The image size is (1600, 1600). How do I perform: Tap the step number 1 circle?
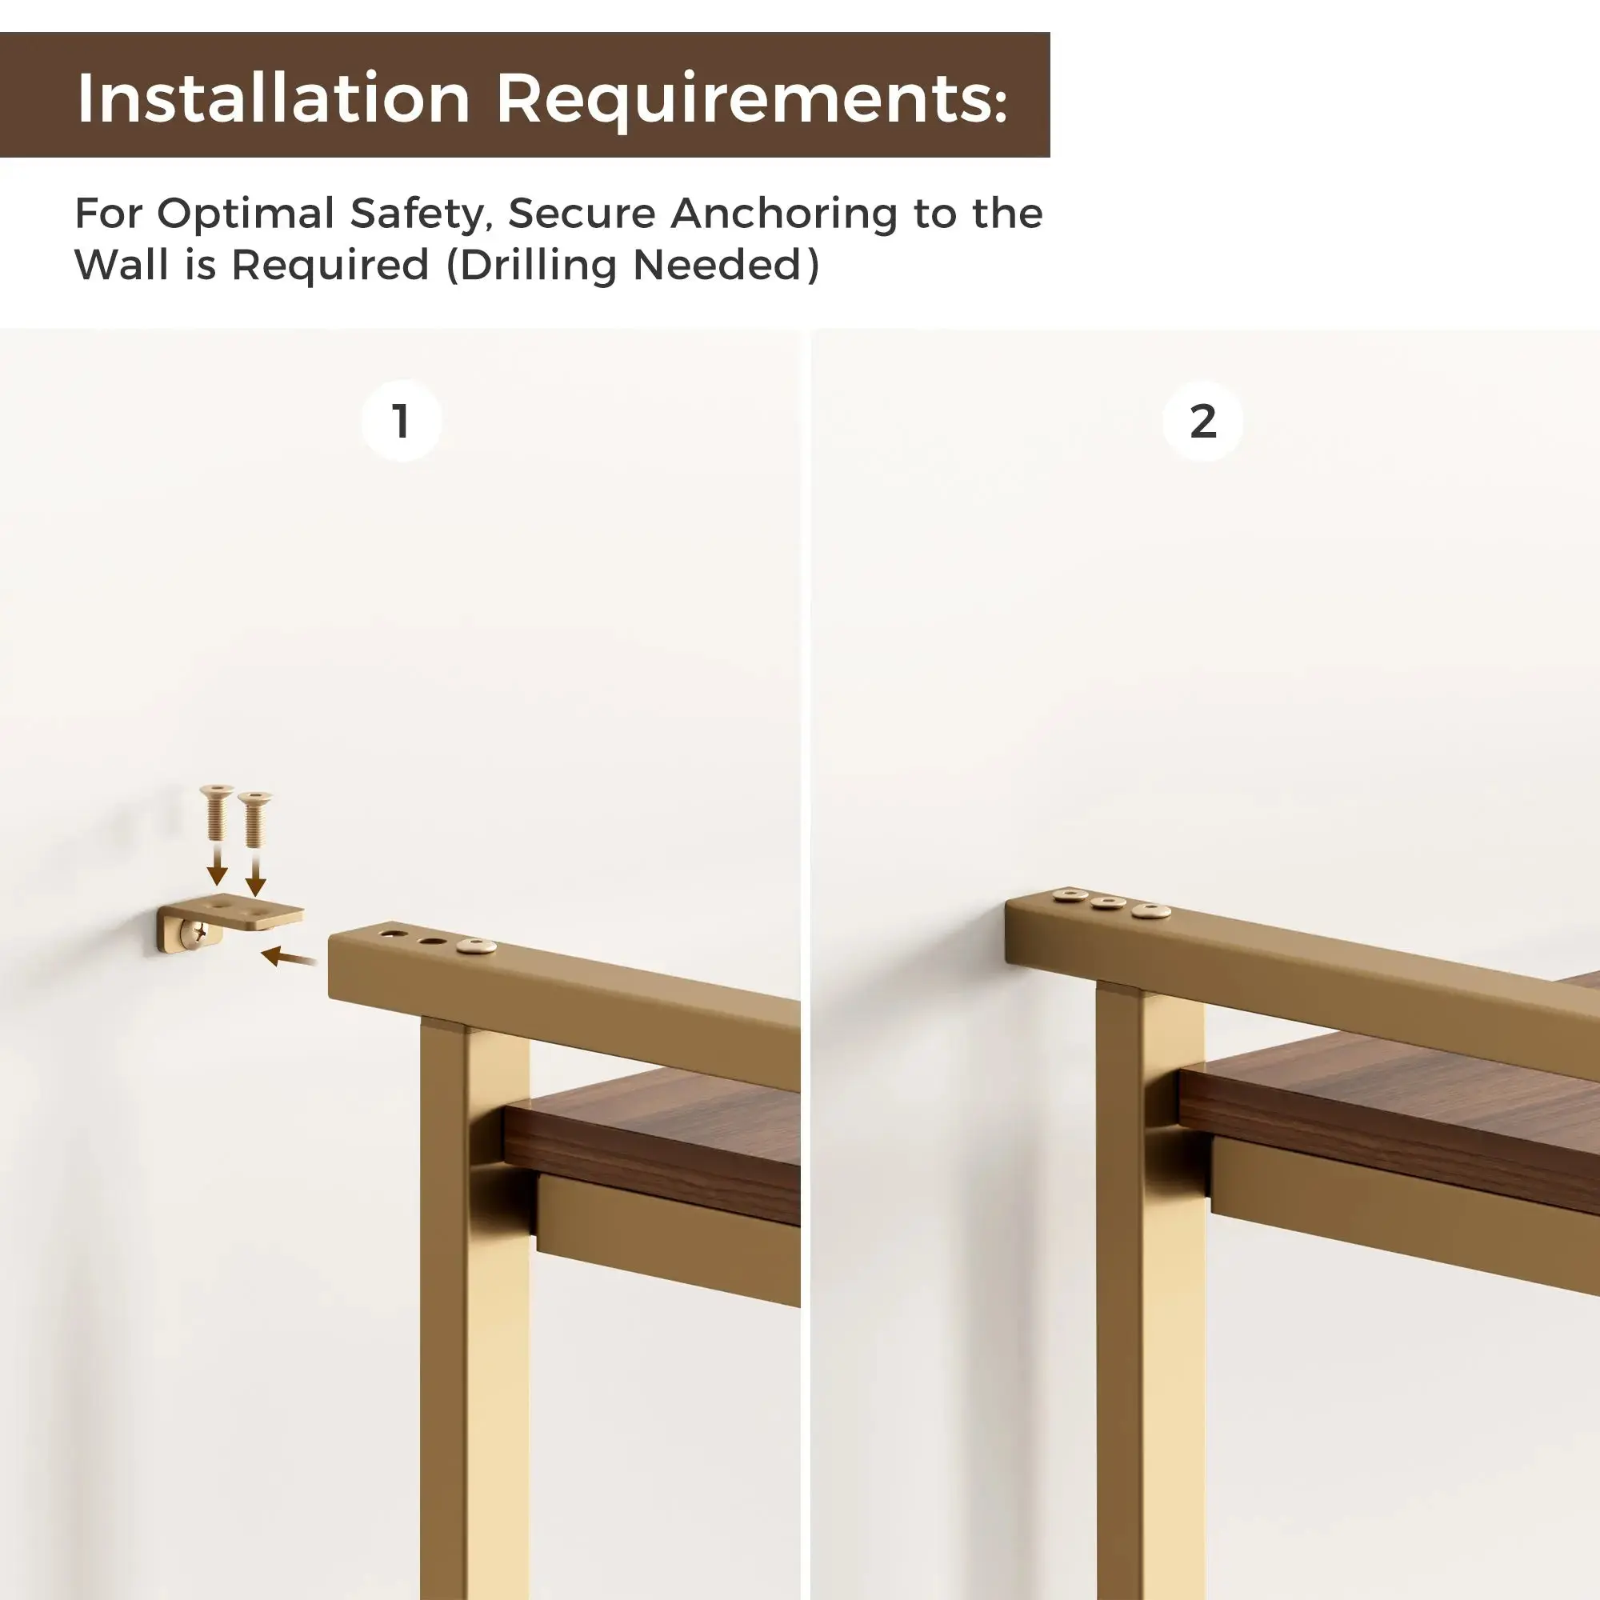pyautogui.click(x=402, y=421)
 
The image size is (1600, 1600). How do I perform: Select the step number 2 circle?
pyautogui.click(x=1202, y=421)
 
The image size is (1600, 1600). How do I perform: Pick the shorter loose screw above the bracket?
pyautogui.click(x=254, y=818)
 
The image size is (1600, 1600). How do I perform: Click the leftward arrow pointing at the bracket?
pyautogui.click(x=289, y=958)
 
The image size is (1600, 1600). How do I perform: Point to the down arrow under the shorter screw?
pyautogui.click(x=256, y=874)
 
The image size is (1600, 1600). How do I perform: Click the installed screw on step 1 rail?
pyautogui.click(x=476, y=946)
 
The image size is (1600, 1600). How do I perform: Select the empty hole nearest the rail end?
pyautogui.click(x=394, y=934)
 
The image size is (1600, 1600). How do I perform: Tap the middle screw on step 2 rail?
pyautogui.click(x=1108, y=902)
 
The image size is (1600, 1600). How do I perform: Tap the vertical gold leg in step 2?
pyautogui.click(x=1150, y=1292)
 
